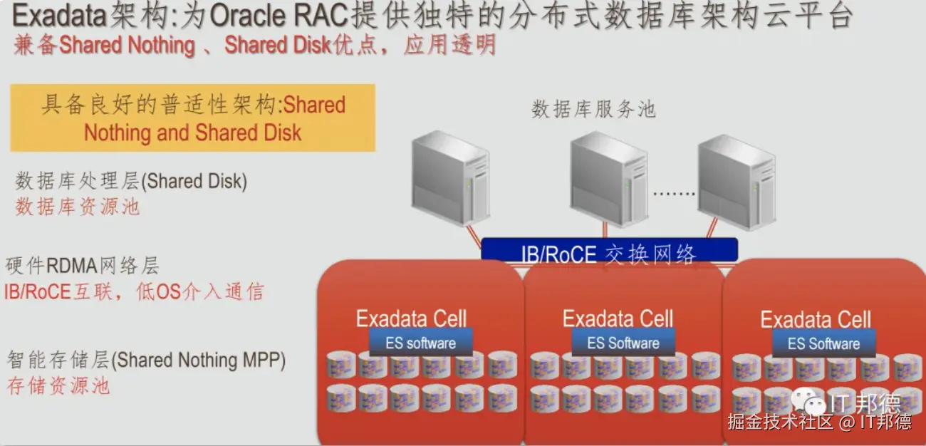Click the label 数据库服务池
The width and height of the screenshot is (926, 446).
(593, 110)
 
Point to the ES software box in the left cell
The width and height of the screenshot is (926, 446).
(420, 343)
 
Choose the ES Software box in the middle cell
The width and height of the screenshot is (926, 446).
(623, 343)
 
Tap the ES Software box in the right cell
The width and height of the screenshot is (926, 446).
(823, 343)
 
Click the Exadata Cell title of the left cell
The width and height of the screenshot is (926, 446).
(412, 318)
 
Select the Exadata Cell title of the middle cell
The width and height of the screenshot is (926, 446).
(618, 318)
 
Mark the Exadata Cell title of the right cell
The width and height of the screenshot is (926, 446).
(816, 319)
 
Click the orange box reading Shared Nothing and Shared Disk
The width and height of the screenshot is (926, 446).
(192, 118)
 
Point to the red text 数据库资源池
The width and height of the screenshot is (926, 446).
(78, 207)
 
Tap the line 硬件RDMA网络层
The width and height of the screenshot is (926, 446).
(82, 266)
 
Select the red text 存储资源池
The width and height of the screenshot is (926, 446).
(58, 386)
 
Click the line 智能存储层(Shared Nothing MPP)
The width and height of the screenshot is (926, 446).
(146, 360)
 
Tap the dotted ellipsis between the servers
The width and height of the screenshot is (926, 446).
(672, 194)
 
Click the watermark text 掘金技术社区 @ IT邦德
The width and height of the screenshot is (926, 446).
(819, 422)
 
